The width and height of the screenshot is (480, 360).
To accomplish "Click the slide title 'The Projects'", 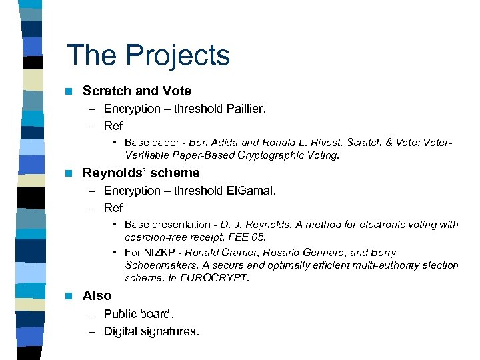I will (148, 55).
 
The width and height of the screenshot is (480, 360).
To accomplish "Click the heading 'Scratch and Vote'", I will (137, 91).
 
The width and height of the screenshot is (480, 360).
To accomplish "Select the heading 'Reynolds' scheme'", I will (141, 173).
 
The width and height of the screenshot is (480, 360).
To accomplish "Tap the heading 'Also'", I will (97, 295).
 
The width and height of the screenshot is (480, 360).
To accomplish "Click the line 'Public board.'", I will (139, 314).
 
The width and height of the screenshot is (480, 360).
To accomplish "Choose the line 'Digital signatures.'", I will (151, 331).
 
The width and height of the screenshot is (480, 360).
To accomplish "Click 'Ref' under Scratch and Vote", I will (113, 126).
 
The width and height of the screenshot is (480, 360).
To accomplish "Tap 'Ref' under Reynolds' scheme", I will (113, 208).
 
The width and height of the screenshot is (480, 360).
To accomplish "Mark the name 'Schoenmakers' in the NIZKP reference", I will (157, 265).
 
